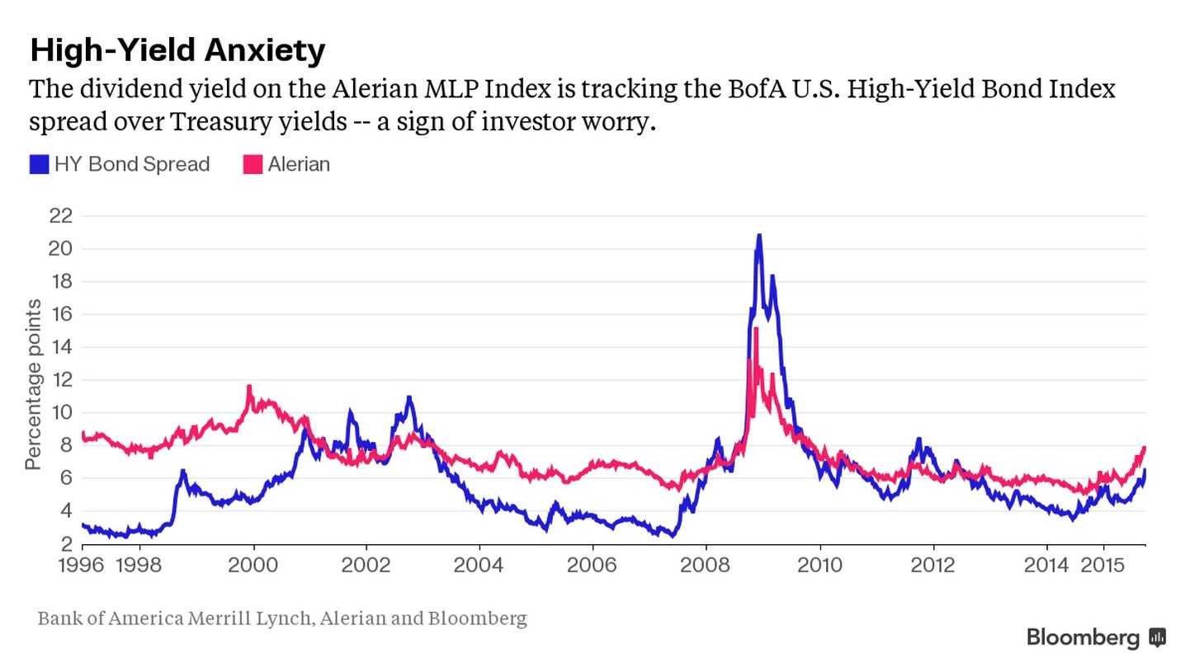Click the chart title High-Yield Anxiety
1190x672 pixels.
click(x=177, y=50)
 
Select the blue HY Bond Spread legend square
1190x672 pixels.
click(x=39, y=165)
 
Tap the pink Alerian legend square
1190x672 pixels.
click(x=253, y=165)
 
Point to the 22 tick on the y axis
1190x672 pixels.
click(x=61, y=216)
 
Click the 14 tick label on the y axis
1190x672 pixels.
click(x=61, y=347)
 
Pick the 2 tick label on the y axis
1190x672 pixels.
click(x=66, y=544)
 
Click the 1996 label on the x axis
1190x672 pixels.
click(x=83, y=566)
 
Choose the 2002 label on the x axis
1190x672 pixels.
click(x=366, y=566)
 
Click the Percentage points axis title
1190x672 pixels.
click(x=33, y=385)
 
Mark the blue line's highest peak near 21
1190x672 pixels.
click(x=759, y=236)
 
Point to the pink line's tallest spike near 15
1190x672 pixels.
click(x=755, y=329)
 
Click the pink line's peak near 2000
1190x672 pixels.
click(x=249, y=387)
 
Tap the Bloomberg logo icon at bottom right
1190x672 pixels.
click(x=1157, y=637)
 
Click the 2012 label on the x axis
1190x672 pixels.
click(x=933, y=566)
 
